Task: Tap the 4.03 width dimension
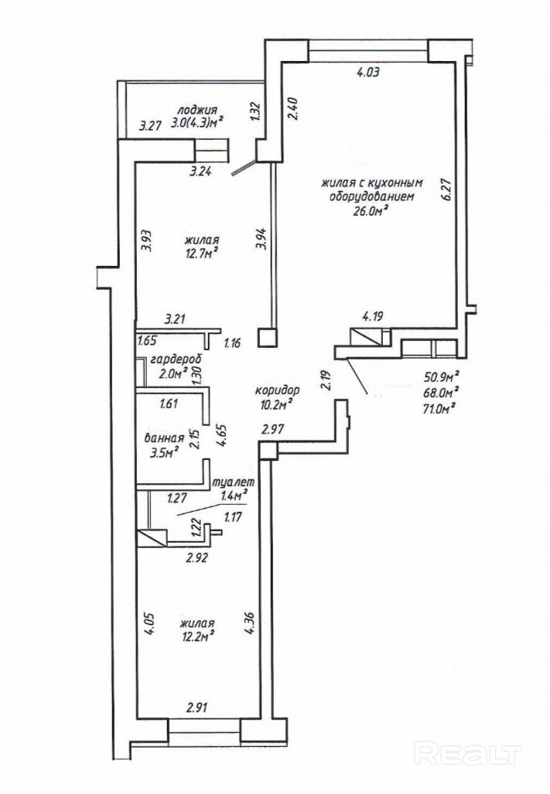coord(368,73)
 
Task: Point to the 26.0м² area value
coord(369,210)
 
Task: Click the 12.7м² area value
coord(200,250)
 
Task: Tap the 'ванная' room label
coord(163,438)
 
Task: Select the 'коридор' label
coord(277,390)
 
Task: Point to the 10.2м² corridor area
coord(275,404)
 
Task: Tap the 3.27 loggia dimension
coord(149,125)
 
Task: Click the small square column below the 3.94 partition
coord(267,336)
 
